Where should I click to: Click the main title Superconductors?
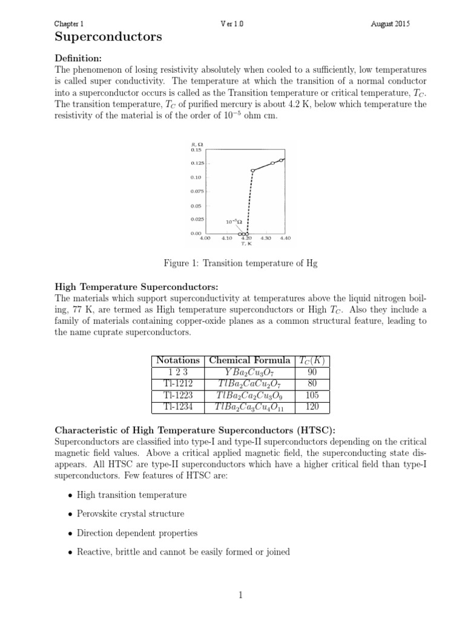coord(108,38)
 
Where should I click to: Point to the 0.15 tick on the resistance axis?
coord(196,150)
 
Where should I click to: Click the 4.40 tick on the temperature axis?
coord(285,238)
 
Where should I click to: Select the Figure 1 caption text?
coord(240,263)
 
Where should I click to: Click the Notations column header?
coord(177,360)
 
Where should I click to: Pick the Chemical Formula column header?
coord(249,360)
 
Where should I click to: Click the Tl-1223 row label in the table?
coord(177,396)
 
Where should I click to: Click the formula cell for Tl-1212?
coord(249,384)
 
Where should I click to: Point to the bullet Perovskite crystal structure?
coord(130,513)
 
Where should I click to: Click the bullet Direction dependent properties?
coord(137,533)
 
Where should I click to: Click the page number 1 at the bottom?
coord(240,595)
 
